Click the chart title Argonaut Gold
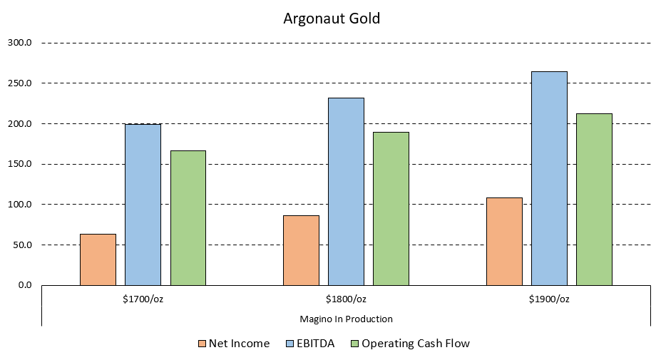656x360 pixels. tap(332, 19)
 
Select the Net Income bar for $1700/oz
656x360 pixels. tap(98, 259)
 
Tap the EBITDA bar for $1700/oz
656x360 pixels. tap(143, 205)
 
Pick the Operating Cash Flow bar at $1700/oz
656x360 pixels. tap(188, 217)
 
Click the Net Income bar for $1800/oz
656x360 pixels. tap(301, 250)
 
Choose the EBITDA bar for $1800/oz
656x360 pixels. tap(346, 191)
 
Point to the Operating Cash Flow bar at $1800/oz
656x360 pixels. tap(391, 208)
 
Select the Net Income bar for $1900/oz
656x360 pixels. tap(504, 241)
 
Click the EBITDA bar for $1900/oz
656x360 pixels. tap(549, 178)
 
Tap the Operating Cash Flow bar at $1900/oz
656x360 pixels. tap(595, 199)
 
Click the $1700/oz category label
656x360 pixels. tap(143, 299)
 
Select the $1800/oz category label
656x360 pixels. tap(346, 299)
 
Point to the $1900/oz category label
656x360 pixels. tap(549, 299)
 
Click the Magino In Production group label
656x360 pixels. tap(346, 319)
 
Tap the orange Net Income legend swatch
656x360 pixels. tap(203, 344)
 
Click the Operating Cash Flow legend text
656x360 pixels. tap(416, 344)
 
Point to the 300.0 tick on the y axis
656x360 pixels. tap(20, 43)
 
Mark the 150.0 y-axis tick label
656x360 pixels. tap(20, 164)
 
